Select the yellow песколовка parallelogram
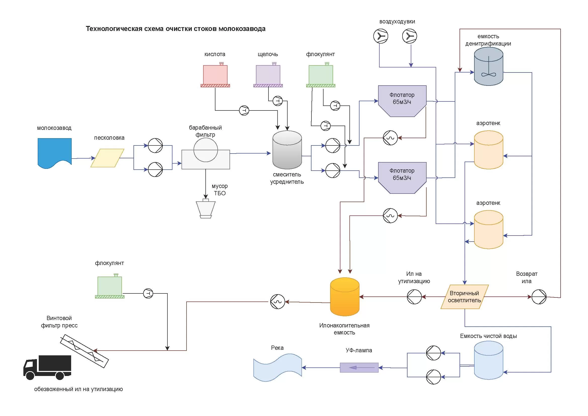pyautogui.click(x=107, y=158)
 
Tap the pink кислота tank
pyautogui.click(x=215, y=75)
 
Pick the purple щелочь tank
pyautogui.click(x=268, y=75)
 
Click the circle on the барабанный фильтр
pyautogui.click(x=206, y=150)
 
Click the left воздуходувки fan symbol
pyautogui.click(x=381, y=36)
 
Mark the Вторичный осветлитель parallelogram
pyautogui.click(x=465, y=297)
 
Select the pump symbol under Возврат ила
pyautogui.click(x=539, y=297)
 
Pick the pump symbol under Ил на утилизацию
pyautogui.click(x=414, y=297)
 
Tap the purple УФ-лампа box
pyautogui.click(x=359, y=368)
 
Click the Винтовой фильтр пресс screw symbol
pyautogui.click(x=84, y=351)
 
